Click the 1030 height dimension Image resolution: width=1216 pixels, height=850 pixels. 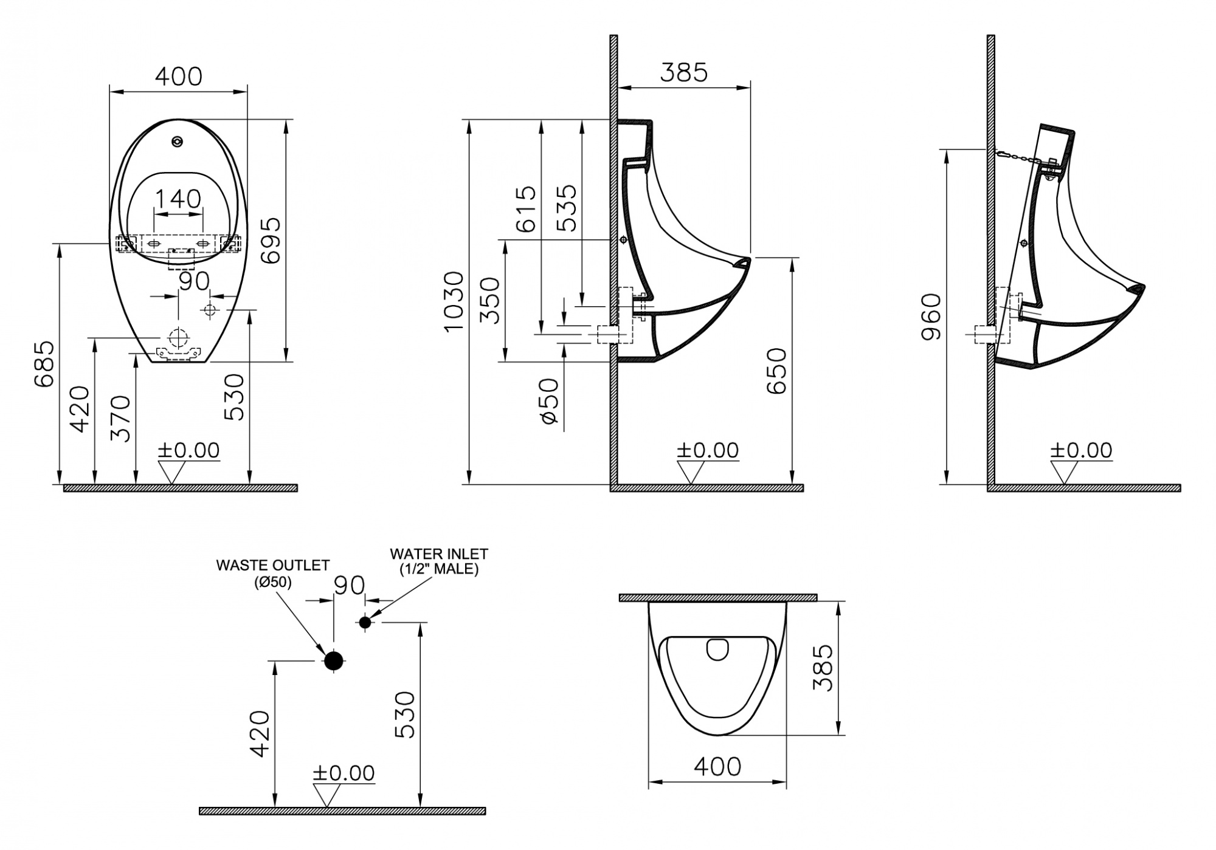[454, 301]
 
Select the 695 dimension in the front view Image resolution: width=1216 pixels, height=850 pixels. [271, 240]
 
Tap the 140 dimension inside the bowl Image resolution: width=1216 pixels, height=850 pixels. [178, 199]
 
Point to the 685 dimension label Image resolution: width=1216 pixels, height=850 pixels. [44, 364]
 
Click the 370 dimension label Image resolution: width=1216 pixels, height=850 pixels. [121, 418]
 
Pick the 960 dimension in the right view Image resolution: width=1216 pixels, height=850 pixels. [931, 317]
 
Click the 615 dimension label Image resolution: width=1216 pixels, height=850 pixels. [526, 208]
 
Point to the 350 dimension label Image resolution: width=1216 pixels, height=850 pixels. [490, 301]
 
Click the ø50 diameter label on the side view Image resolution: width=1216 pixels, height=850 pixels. [548, 400]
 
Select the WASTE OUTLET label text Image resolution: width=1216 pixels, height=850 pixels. [273, 565]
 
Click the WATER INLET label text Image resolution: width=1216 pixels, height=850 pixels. [439, 554]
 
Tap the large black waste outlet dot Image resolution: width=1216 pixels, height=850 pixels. [334, 660]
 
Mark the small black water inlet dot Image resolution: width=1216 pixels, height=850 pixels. [365, 622]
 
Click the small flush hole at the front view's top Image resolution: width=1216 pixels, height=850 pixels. [177, 142]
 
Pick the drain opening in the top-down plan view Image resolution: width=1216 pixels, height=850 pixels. [718, 649]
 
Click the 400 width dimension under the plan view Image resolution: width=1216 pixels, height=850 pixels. [717, 767]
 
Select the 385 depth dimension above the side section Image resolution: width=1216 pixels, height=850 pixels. [684, 73]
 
